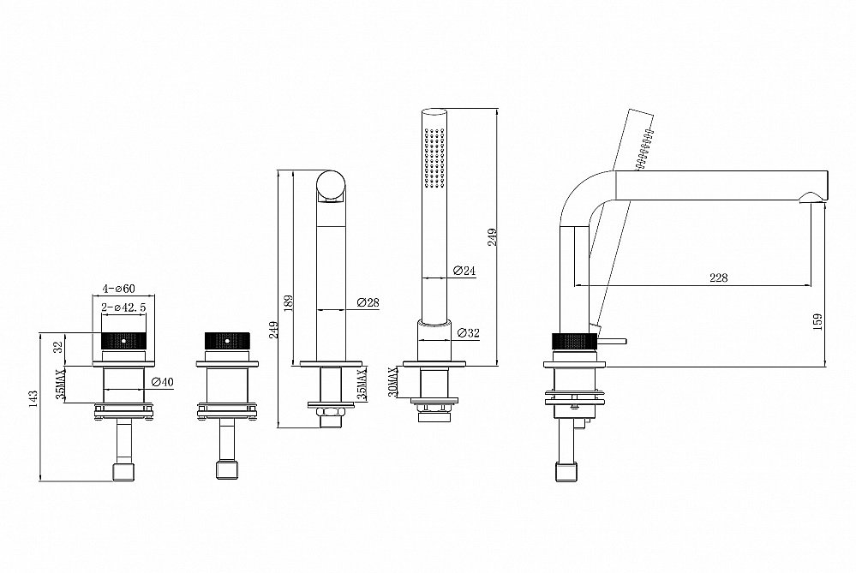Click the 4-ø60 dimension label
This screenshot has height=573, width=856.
coord(118,289)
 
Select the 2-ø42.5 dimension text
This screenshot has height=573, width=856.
coord(124,307)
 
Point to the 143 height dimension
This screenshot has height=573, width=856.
coord(34,398)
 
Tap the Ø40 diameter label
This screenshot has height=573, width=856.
coord(162,382)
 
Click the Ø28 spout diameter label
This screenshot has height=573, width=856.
coord(368,302)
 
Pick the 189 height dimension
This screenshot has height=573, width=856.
coord(289,303)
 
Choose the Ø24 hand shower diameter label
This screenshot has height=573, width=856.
coord(464,270)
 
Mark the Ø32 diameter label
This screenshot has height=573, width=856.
coord(468,333)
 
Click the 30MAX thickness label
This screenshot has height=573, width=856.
coord(392,382)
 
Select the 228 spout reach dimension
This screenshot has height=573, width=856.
coord(718,278)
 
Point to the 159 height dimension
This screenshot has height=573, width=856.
coord(817,322)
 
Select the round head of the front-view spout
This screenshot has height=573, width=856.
coord(331,186)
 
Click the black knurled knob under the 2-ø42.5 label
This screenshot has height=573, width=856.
coord(124,341)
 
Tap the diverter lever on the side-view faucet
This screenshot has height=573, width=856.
coord(613,342)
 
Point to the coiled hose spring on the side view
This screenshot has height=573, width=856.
coord(644,147)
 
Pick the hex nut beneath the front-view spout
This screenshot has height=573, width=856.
coord(331,411)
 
